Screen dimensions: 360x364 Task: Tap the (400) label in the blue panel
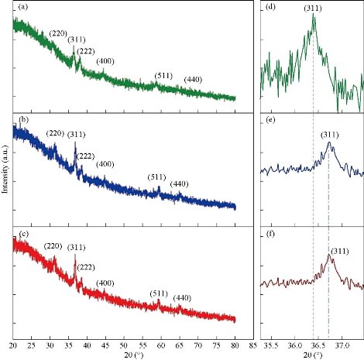click(x=105, y=163)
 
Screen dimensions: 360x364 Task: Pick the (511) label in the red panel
click(x=159, y=293)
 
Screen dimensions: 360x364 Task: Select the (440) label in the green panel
click(x=194, y=81)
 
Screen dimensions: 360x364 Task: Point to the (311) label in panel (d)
click(x=313, y=9)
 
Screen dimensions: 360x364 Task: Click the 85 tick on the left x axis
click(x=253, y=345)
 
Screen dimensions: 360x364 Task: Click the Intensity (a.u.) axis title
click(x=5, y=178)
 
